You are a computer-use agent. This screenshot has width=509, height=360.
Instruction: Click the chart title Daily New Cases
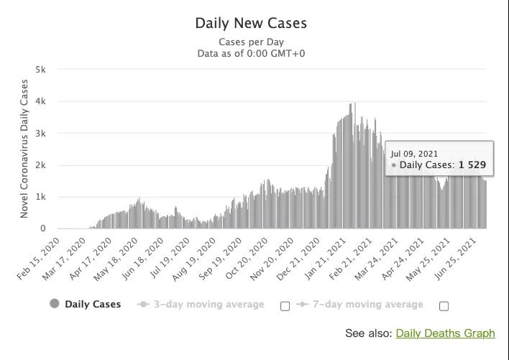pos(251,23)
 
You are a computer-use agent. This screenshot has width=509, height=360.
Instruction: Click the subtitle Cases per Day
pos(251,42)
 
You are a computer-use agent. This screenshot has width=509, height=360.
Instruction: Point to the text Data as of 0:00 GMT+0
pos(251,53)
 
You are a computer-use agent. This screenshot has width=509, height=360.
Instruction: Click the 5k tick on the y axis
pos(40,70)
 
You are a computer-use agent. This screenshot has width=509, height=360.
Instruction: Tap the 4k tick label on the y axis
pos(40,101)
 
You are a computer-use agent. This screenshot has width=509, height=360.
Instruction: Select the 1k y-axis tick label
pos(40,197)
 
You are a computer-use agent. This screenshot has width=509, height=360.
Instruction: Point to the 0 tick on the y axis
pos(42,229)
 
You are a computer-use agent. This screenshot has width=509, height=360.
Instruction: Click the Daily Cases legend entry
pos(92,304)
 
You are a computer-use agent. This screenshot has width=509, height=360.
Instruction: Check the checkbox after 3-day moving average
pos(285,306)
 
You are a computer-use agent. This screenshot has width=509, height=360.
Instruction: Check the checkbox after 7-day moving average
pos(444,306)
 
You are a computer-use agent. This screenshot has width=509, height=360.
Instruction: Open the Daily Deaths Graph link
pos(445,333)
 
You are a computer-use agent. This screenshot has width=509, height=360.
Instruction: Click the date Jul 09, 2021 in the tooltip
pos(414,154)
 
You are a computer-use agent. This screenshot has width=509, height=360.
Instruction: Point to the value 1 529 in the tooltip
pos(472,165)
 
